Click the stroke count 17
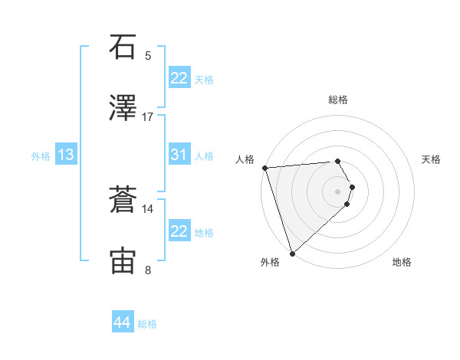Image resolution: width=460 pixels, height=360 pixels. (x=148, y=117)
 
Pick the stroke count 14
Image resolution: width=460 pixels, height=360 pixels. (x=148, y=208)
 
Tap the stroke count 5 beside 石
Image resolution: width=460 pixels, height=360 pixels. (x=148, y=56)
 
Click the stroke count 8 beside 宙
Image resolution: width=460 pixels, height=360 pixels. (x=148, y=270)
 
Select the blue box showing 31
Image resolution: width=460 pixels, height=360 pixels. (x=179, y=155)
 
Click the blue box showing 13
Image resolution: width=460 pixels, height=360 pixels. (x=66, y=155)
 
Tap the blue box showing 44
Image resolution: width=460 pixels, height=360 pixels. (x=122, y=322)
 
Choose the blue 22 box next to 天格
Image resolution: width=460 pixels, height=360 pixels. (x=179, y=78)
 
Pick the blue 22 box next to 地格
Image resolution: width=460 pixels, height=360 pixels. (x=179, y=231)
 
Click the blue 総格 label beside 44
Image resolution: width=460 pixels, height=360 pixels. (x=147, y=324)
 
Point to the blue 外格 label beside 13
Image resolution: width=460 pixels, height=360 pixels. (x=41, y=156)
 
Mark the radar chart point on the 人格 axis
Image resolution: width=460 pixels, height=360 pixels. (x=264, y=168)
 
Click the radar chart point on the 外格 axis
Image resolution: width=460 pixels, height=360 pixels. (x=292, y=252)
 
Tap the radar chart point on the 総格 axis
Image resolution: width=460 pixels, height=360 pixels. (x=337, y=161)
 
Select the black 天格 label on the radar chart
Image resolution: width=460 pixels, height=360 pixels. (x=432, y=159)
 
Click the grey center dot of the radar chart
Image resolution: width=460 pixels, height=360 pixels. (x=337, y=190)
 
